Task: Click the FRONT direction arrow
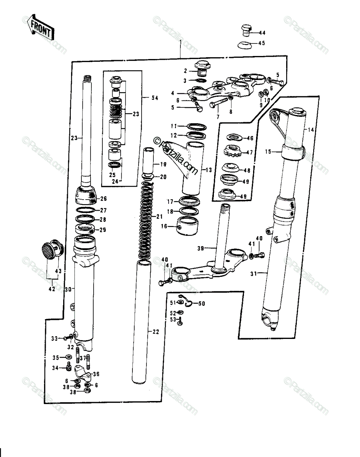[x=41, y=27]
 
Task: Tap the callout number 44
[x=262, y=33]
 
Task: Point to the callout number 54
[x=155, y=98]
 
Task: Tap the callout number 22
[x=156, y=331]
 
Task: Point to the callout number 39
[x=201, y=248]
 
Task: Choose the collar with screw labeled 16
[x=188, y=226]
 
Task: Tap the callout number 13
[x=209, y=170]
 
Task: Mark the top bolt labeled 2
[x=202, y=69]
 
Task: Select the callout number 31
[x=253, y=274]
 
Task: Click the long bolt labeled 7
[x=220, y=102]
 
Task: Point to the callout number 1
[x=180, y=42]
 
